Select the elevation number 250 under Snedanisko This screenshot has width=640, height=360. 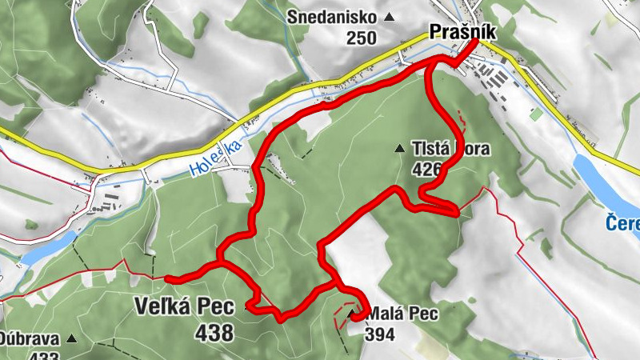click(362, 37)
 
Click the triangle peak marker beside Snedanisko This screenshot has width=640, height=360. click(390, 17)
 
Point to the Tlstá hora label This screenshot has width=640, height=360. click(450, 149)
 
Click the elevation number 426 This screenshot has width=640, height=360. click(429, 168)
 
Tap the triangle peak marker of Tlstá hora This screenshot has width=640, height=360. click(399, 148)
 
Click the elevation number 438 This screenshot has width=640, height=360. click(212, 330)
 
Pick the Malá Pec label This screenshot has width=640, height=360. click(402, 315)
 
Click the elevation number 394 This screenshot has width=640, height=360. click(380, 334)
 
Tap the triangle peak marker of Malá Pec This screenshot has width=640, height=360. click(351, 313)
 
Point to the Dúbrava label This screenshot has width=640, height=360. click(28, 339)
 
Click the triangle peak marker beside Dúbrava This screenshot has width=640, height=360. click(70, 339)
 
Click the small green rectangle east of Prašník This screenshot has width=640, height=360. click(535, 115)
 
